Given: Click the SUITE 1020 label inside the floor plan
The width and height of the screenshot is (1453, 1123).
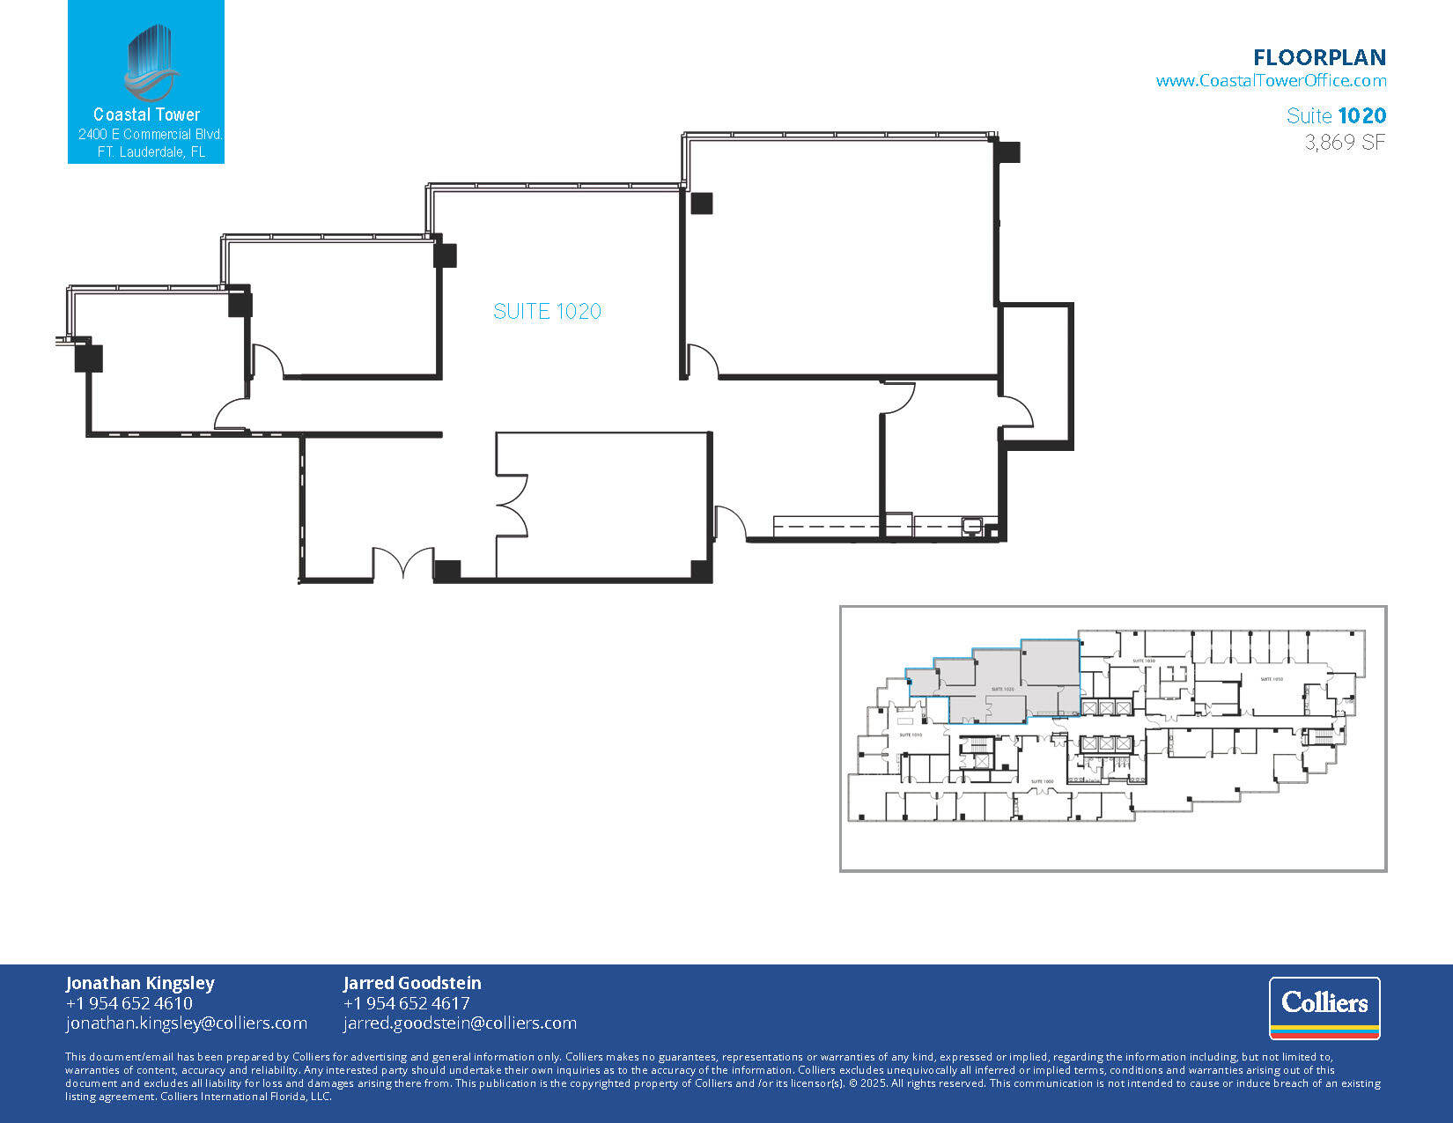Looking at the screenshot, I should point(547,311).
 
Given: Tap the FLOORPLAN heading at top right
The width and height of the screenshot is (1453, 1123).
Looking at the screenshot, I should point(1319,58).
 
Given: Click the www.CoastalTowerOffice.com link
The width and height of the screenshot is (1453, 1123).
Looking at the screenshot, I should point(1271,81).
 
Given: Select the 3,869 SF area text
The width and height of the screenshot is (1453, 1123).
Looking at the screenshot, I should point(1345,143).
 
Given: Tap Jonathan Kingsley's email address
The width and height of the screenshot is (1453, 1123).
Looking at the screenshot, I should point(186,1023).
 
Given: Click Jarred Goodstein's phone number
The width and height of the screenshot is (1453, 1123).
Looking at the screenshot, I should point(406,1003).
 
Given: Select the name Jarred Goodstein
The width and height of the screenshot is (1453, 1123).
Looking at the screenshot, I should point(412,983).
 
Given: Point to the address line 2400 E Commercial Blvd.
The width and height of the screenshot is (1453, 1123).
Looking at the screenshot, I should point(150,135).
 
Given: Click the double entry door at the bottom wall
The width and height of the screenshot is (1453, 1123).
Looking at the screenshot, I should point(403,564).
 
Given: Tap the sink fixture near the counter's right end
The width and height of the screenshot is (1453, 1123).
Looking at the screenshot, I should point(972,526).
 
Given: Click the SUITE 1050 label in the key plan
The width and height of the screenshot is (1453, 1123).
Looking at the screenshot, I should point(1271,679).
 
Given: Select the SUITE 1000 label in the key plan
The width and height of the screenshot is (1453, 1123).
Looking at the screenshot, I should point(1042,781).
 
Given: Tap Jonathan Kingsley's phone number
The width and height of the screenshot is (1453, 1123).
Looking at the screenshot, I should point(129,1003).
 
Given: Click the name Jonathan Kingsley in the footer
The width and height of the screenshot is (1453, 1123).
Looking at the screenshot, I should point(139,983).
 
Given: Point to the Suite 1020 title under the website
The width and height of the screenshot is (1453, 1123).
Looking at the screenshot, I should point(1336,115).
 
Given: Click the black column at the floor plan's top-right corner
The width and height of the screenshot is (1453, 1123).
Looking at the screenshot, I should point(1007,151).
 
